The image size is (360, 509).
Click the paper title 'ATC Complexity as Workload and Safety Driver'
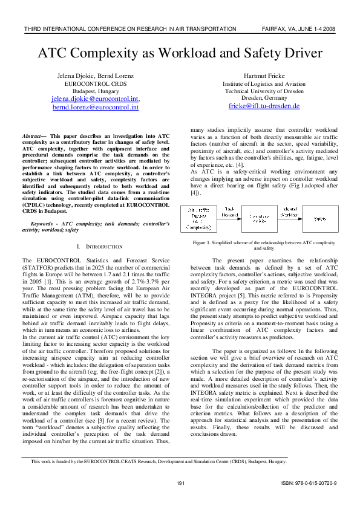180,53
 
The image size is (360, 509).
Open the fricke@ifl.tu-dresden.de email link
255,106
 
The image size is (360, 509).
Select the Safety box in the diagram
320,218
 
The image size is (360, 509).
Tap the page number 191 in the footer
180,483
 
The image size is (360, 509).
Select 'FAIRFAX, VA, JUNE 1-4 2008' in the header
299,28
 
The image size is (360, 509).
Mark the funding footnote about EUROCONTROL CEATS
159,461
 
